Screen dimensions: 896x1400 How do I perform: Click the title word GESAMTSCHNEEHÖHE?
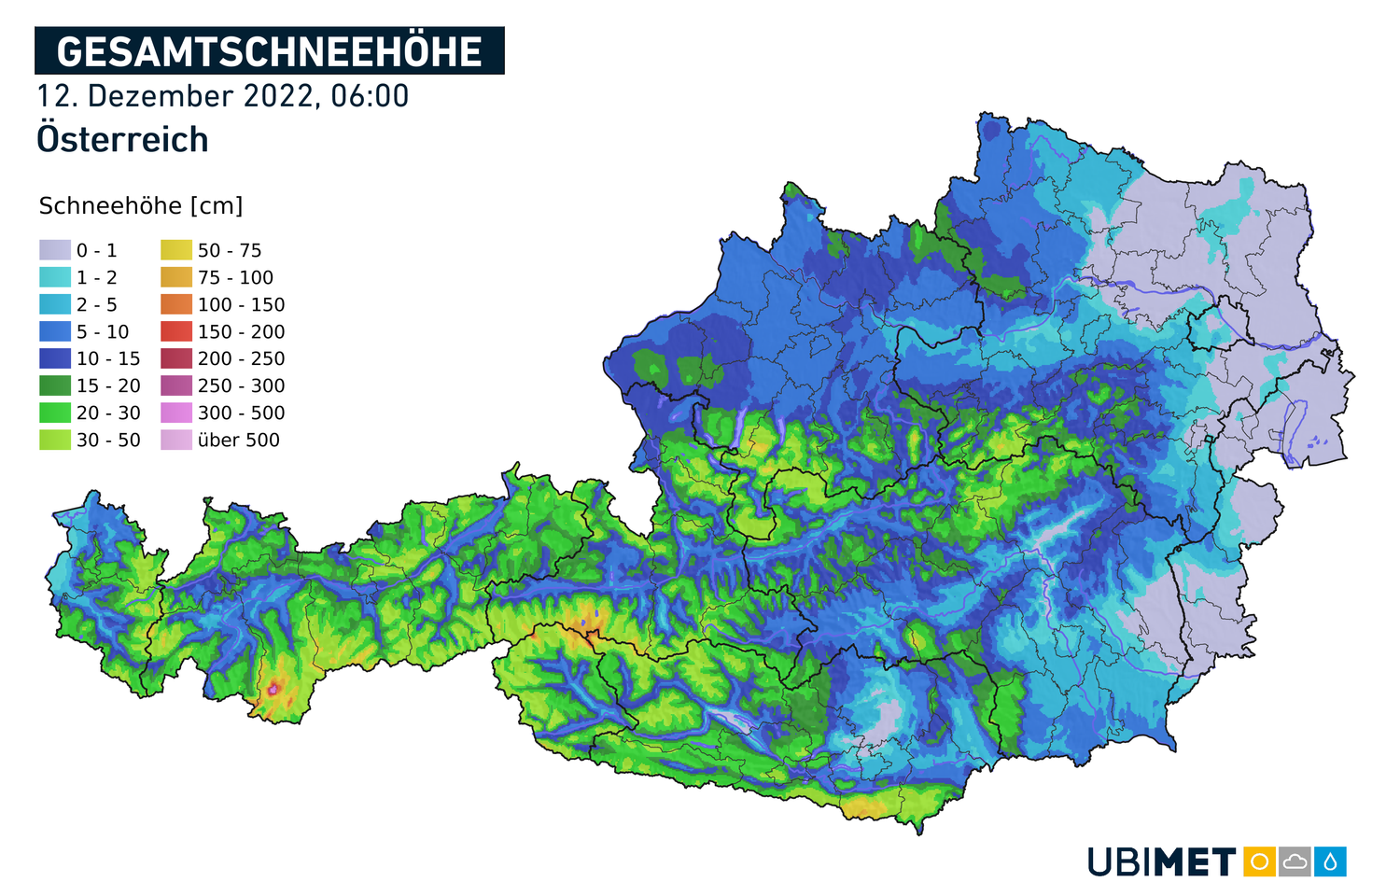pyautogui.click(x=269, y=51)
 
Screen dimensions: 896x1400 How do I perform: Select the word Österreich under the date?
pyautogui.click(x=122, y=140)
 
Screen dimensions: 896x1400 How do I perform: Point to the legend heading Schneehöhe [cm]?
pyautogui.click(x=141, y=205)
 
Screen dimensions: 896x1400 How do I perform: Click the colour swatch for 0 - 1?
pyautogui.click(x=55, y=250)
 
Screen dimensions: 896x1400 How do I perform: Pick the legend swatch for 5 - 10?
pyautogui.click(x=55, y=331)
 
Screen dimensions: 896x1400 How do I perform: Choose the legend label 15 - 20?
pyautogui.click(x=108, y=385)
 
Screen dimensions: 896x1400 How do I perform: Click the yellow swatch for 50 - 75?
pyautogui.click(x=176, y=250)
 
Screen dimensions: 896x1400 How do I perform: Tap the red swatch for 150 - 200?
pyautogui.click(x=176, y=331)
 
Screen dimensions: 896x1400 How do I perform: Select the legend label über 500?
pyautogui.click(x=238, y=440)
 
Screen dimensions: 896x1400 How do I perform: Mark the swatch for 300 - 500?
pyautogui.click(x=176, y=413)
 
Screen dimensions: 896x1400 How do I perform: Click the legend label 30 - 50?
pyautogui.click(x=108, y=440)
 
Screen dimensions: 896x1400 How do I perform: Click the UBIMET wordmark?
pyautogui.click(x=1162, y=861)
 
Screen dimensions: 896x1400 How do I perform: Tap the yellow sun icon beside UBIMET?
pyautogui.click(x=1259, y=861)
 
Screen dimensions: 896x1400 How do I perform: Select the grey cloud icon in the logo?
pyautogui.click(x=1295, y=861)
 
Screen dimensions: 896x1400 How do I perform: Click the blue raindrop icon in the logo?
pyautogui.click(x=1330, y=861)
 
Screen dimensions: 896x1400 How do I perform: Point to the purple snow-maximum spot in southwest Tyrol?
pyautogui.click(x=273, y=689)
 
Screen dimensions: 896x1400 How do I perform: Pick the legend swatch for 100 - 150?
pyautogui.click(x=176, y=304)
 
